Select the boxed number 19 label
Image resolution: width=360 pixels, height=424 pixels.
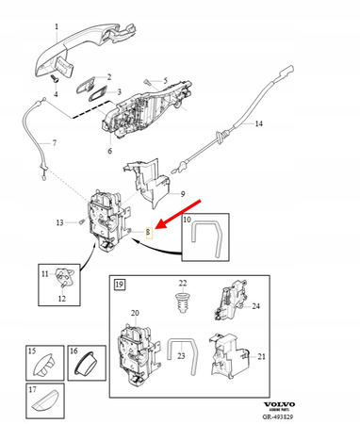pos(119,283)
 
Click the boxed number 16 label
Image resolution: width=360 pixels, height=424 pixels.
pos(73,351)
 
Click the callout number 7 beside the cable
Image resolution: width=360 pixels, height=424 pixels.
pos(54,143)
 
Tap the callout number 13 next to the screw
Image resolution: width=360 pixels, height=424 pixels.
pos(59,223)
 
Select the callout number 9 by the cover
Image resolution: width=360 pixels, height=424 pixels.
pos(185,193)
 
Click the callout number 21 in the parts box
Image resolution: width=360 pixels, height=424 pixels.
pos(260,356)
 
